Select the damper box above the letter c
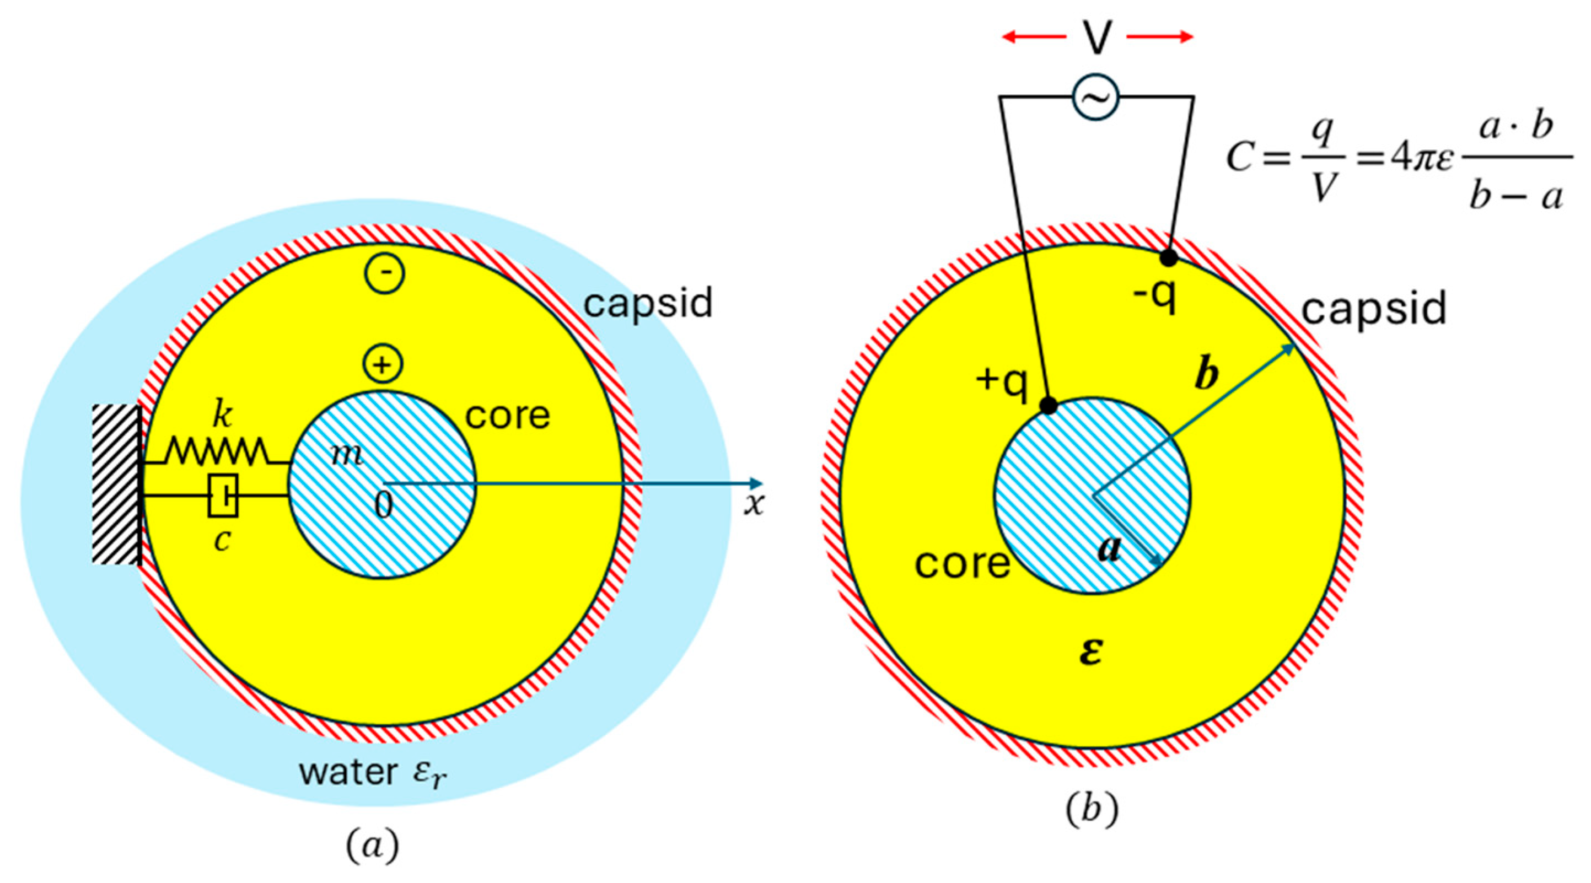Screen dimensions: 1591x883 pos(223,495)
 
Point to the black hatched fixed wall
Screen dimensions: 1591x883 pos(116,484)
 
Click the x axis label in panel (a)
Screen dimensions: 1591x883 pos(754,505)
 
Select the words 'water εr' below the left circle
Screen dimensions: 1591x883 pos(373,772)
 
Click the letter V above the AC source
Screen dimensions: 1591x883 pos(1096,38)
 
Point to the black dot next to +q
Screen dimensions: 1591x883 pos(1049,406)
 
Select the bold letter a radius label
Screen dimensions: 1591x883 pos(1109,549)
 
